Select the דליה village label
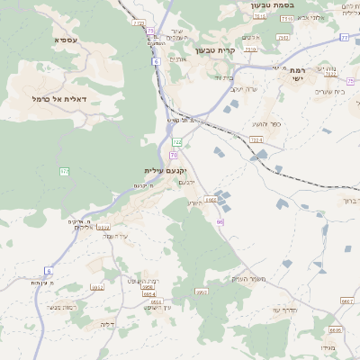[x=108, y=324]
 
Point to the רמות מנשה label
[x=63, y=308]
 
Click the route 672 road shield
[x=65, y=171]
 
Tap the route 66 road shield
[x=220, y=221]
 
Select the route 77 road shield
[x=344, y=37]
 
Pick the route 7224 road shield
[x=256, y=139]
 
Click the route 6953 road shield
[x=202, y=292]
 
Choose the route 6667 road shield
[x=346, y=301]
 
